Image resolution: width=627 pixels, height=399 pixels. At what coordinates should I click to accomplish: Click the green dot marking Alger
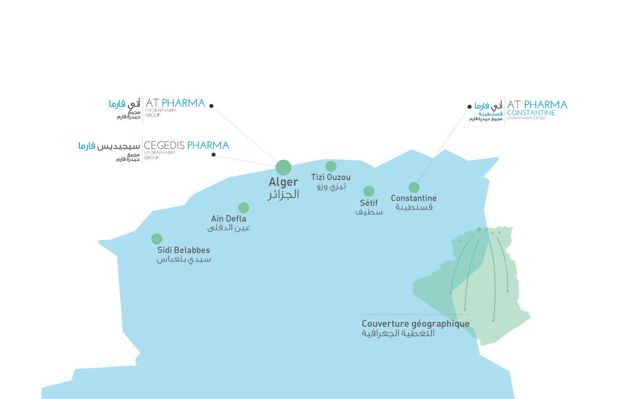coord(284,168)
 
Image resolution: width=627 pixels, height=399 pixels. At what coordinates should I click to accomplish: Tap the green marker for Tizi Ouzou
coord(331,166)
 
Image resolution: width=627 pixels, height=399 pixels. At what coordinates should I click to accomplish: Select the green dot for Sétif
coord(369,191)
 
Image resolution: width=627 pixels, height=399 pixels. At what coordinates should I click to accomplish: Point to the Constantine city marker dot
coord(414,187)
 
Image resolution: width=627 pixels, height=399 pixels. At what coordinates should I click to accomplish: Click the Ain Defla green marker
coord(244,208)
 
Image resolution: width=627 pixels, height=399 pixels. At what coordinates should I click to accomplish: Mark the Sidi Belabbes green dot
coord(157,239)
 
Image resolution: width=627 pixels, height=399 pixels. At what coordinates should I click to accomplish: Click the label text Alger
coord(283,182)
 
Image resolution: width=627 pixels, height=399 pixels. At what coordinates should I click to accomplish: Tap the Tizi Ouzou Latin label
coord(331,177)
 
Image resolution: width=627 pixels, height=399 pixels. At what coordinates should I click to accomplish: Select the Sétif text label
coord(369,203)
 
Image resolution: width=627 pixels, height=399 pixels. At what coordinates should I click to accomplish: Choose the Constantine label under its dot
coord(414,198)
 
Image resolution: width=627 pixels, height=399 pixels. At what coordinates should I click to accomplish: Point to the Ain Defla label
coord(228,218)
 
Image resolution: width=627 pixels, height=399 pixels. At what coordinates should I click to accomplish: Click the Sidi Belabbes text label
coord(184,250)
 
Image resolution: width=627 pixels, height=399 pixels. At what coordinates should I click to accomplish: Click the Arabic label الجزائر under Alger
coord(284,195)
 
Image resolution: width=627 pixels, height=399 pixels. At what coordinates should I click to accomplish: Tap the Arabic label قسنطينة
coord(414,207)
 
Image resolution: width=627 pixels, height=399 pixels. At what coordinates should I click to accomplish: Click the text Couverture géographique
coord(416,324)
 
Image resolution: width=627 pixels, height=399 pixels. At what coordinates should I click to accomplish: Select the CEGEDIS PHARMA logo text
coord(187,146)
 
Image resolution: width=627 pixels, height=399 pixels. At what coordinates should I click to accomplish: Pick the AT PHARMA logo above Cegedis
coord(175,103)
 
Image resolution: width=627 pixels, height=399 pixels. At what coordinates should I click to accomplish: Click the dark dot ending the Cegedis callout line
coord(214,155)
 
